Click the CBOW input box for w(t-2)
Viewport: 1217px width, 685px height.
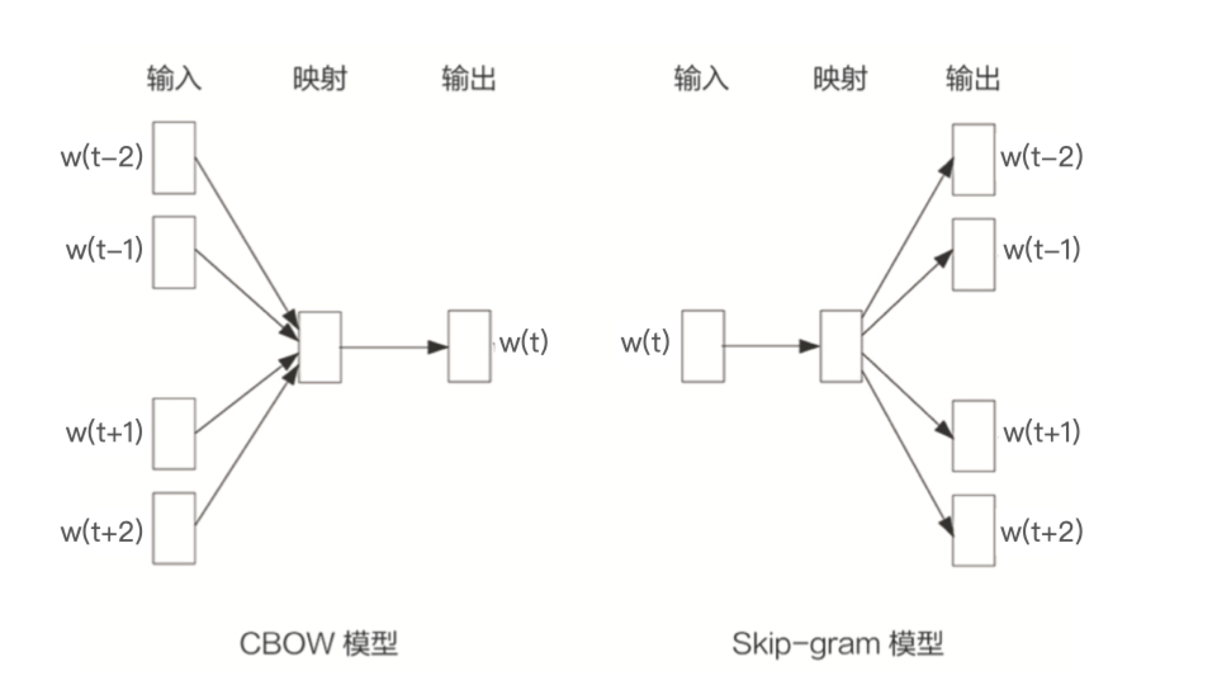[174, 158]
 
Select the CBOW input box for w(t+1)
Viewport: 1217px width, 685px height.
[174, 434]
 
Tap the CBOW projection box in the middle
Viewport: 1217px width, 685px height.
[320, 347]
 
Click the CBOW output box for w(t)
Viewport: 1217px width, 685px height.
[469, 346]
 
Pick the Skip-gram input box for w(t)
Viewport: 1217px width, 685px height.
[703, 346]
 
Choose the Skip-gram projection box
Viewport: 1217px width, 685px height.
[841, 346]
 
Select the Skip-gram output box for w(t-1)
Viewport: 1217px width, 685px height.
[974, 254]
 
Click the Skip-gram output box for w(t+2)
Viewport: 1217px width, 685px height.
[974, 531]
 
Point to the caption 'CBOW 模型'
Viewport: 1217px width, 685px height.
[318, 644]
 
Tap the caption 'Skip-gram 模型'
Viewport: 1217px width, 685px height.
[837, 644]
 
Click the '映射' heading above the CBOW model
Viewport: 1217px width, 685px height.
[319, 79]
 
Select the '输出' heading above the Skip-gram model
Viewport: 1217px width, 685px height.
[973, 79]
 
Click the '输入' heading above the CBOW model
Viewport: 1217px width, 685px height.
[174, 79]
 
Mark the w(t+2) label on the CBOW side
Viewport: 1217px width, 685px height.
[102, 531]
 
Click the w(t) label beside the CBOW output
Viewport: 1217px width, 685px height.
[524, 342]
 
